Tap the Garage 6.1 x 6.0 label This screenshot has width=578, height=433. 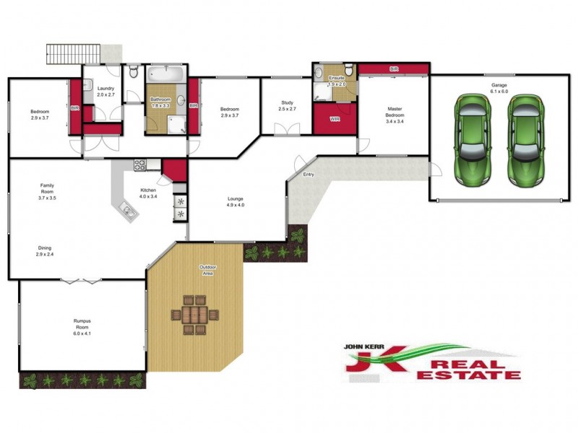[499, 88]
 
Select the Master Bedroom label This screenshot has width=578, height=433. [394, 115]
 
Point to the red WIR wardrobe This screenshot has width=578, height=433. [335, 120]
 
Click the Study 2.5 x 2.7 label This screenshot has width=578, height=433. [287, 106]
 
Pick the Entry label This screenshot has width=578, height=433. [309, 175]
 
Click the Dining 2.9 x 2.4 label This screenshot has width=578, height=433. [45, 251]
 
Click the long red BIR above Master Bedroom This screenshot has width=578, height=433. [393, 69]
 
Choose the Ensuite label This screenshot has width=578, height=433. [337, 80]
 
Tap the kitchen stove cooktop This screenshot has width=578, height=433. [139, 164]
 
